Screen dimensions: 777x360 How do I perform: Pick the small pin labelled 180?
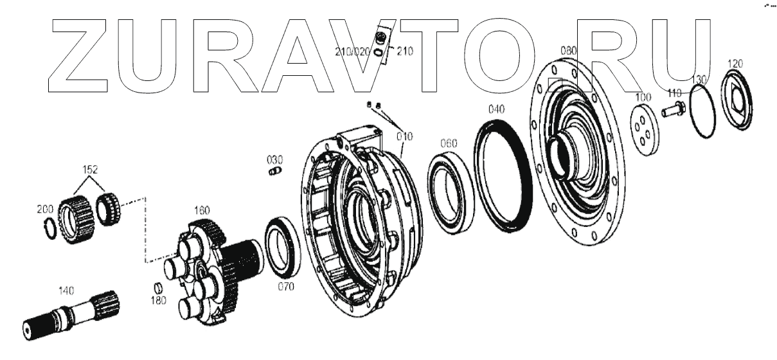pos(155,287)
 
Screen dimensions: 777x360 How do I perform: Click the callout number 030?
pos(275,159)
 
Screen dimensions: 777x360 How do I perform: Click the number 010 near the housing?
pos(404,136)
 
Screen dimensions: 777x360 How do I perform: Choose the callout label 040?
pos(496,109)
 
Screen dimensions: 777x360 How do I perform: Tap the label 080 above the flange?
pos(569,50)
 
